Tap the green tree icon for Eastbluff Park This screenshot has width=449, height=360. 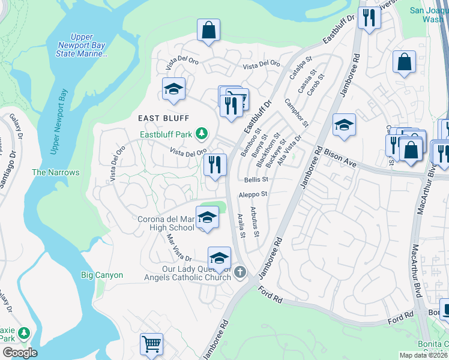click(203, 134)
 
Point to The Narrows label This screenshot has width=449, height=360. click(55, 172)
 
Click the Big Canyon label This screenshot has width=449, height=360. click(102, 275)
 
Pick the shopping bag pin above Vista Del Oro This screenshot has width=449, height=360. click(208, 30)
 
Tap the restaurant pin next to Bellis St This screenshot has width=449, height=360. click(215, 164)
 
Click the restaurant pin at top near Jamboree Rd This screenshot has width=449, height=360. click(369, 18)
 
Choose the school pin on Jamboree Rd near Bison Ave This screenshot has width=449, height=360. click(343, 125)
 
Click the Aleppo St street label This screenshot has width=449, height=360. click(253, 194)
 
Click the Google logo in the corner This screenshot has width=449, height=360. click(20, 353)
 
